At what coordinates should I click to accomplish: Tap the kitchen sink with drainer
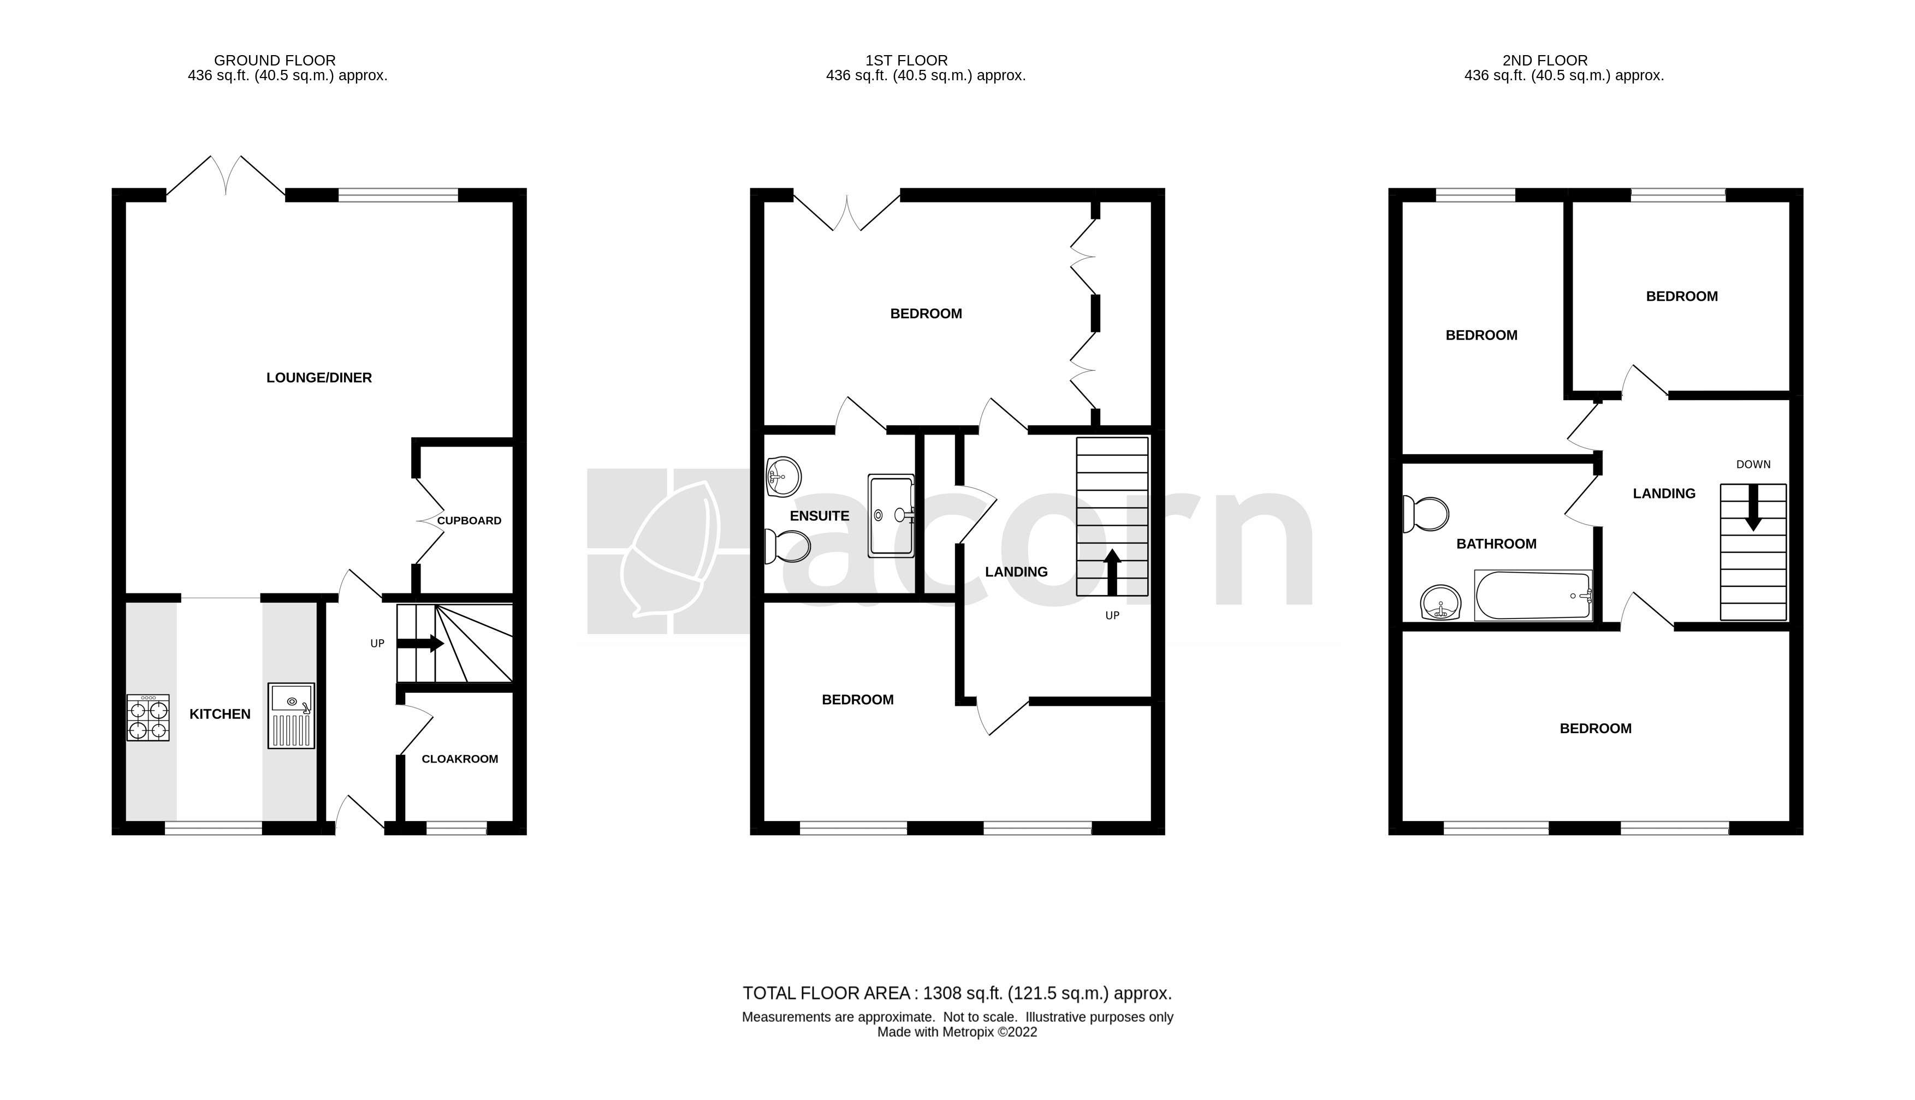[x=291, y=716]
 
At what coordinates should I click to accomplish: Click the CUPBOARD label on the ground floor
[x=469, y=521]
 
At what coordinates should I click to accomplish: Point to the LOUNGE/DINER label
[x=319, y=378]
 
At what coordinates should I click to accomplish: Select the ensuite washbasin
[x=784, y=477]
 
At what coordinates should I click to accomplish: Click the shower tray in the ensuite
[x=891, y=515]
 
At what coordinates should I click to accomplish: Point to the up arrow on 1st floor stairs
[x=1112, y=572]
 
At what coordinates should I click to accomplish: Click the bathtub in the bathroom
[x=1533, y=596]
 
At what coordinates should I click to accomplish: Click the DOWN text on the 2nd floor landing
[x=1753, y=465]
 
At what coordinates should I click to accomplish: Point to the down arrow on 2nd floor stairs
[x=1753, y=508]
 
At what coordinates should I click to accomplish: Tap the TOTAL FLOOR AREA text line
[x=957, y=994]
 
